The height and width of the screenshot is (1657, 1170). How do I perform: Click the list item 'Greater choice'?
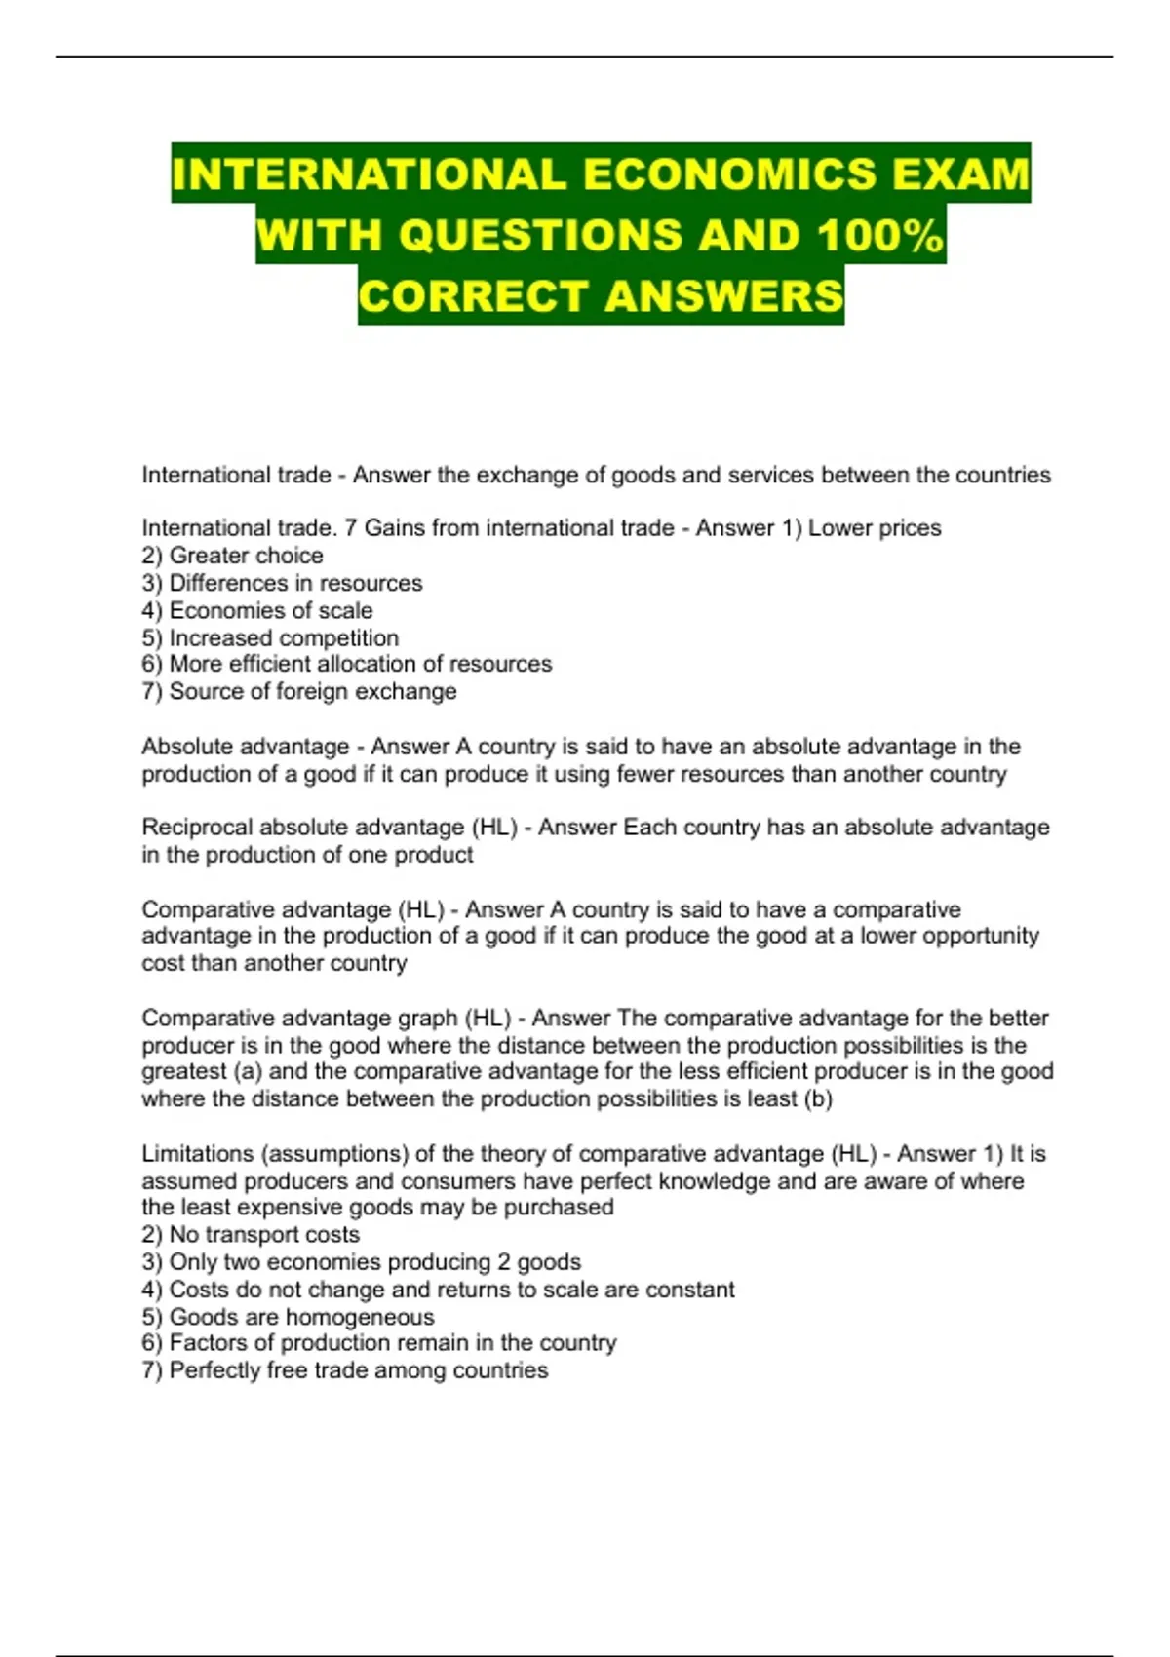point(246,556)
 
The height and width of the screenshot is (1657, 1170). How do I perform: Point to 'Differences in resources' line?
point(295,583)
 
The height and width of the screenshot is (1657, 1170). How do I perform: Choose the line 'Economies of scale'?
point(270,610)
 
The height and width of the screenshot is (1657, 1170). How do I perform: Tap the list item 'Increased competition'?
point(284,637)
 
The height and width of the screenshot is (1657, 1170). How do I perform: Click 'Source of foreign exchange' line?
point(312,691)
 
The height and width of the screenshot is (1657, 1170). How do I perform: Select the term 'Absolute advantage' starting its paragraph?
point(245,747)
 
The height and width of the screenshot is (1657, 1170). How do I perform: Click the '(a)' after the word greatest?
point(248,1071)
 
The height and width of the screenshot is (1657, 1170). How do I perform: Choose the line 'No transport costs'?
point(264,1234)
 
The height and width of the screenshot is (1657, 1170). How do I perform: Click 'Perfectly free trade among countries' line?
point(358,1370)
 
